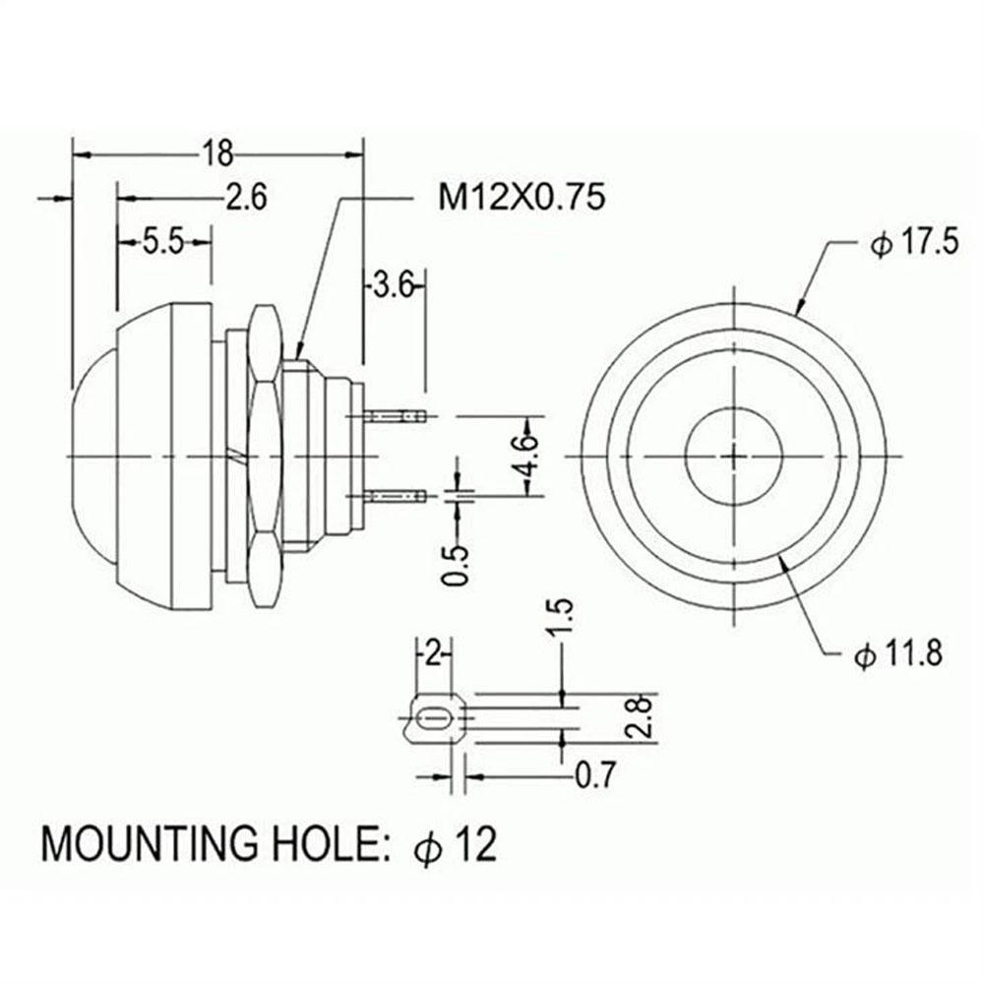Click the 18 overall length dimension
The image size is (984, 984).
pyautogui.click(x=216, y=153)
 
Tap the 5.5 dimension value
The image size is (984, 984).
pyautogui.click(x=163, y=242)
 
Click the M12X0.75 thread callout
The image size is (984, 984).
pyautogui.click(x=522, y=197)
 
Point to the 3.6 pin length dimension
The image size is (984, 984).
pyautogui.click(x=394, y=286)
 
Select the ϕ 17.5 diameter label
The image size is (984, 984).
pyautogui.click(x=914, y=242)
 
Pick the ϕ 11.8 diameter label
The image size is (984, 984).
pyautogui.click(x=898, y=654)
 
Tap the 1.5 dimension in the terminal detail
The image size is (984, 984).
pyautogui.click(x=561, y=618)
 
